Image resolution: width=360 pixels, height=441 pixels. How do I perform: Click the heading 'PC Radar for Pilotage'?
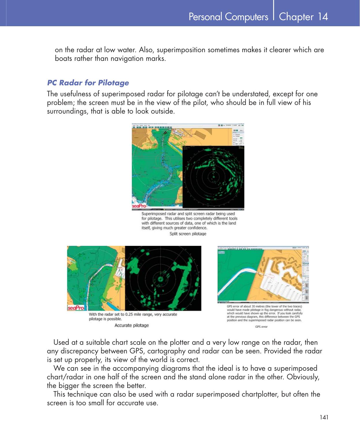[88, 83]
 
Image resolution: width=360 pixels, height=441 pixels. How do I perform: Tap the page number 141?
[324, 417]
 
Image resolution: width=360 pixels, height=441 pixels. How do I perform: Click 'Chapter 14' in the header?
[303, 17]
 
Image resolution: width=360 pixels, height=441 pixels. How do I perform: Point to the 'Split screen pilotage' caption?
[188, 234]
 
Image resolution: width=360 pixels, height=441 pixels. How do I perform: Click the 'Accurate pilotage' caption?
[132, 325]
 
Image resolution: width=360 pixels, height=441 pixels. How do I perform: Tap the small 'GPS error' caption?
[261, 327]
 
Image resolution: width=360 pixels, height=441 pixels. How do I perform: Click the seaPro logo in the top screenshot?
[139, 206]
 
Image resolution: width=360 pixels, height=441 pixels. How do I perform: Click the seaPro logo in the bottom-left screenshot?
[76, 308]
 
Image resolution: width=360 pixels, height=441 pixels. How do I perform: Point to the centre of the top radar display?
[214, 177]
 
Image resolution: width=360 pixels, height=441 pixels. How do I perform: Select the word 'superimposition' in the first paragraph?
[181, 50]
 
